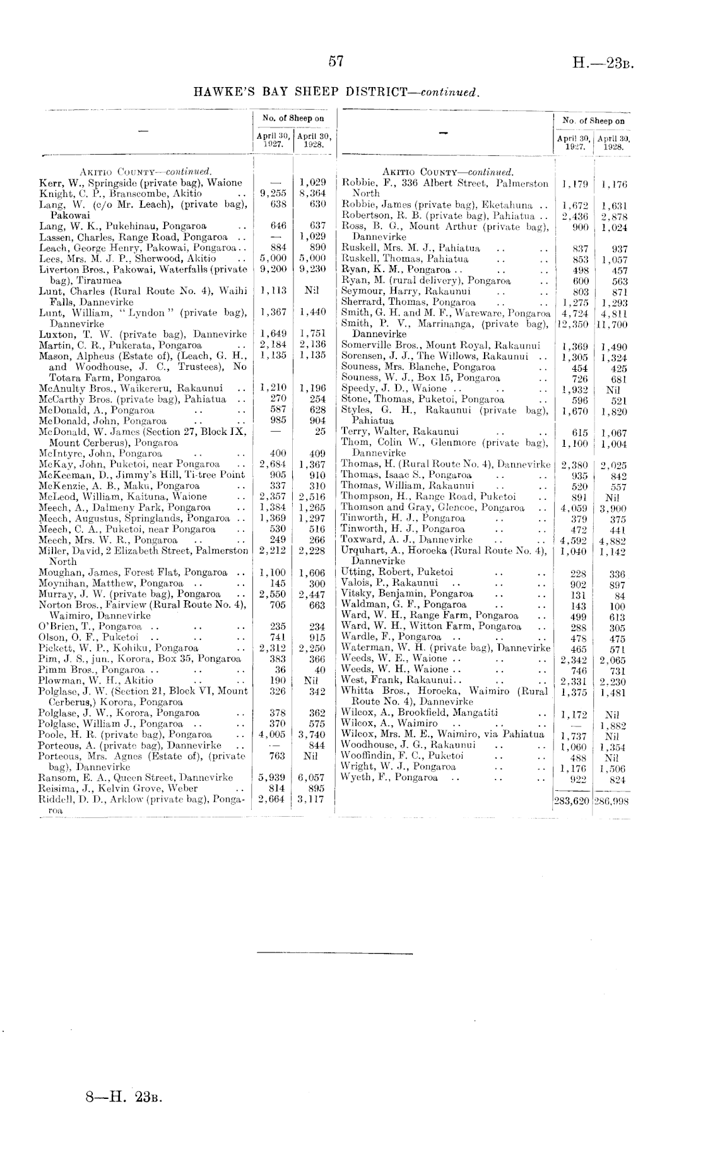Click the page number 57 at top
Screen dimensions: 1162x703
click(336, 61)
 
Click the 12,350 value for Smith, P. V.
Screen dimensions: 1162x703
click(571, 324)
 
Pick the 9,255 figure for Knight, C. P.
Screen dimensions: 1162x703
click(274, 194)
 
